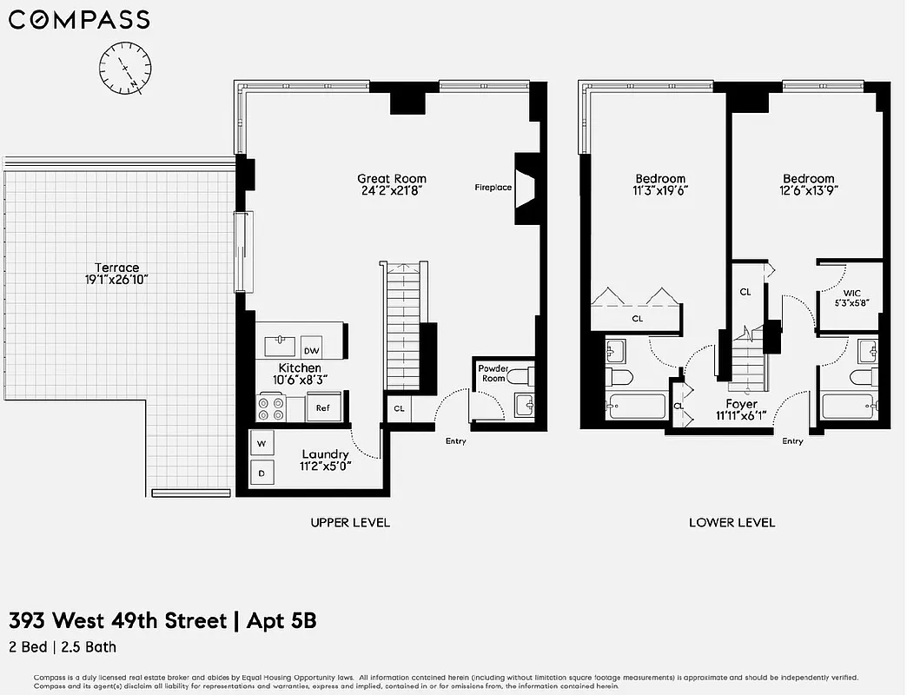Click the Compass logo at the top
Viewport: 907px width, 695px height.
(x=79, y=19)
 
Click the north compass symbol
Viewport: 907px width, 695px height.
(x=126, y=67)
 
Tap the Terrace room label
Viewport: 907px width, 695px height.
(x=117, y=268)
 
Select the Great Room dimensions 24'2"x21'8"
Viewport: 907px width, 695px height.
(x=392, y=190)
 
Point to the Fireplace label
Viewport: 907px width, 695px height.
(x=493, y=188)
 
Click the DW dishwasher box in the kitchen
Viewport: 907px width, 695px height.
(x=311, y=351)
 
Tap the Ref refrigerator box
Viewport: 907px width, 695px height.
(x=322, y=407)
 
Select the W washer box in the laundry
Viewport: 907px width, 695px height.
(x=261, y=444)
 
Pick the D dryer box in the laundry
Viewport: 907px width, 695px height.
(x=261, y=473)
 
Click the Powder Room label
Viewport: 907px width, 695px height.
(x=493, y=374)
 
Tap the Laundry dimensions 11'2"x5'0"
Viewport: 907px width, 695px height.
(x=325, y=466)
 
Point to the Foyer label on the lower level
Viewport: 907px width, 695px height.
(x=742, y=404)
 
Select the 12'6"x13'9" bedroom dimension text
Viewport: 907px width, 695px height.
(x=808, y=190)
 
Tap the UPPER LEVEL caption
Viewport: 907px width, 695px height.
(x=350, y=522)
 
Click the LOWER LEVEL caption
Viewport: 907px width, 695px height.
(x=732, y=522)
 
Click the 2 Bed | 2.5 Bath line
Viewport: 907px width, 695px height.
(x=63, y=646)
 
